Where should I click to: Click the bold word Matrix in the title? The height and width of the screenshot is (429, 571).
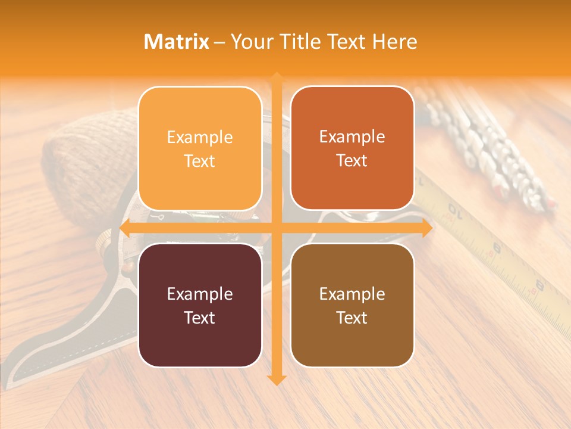(x=176, y=42)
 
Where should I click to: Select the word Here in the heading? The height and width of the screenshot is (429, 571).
(x=394, y=42)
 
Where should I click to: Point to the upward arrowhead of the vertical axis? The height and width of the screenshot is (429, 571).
(x=277, y=77)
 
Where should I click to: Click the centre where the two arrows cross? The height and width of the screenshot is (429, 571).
(x=277, y=228)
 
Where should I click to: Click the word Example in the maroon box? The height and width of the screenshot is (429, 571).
(x=200, y=294)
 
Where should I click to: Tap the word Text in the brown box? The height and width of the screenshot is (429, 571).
(x=352, y=318)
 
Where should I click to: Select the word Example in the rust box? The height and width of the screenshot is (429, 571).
(x=352, y=136)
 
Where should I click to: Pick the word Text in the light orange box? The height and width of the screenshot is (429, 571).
(x=200, y=161)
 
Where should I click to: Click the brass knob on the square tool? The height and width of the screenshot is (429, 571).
(x=104, y=241)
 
